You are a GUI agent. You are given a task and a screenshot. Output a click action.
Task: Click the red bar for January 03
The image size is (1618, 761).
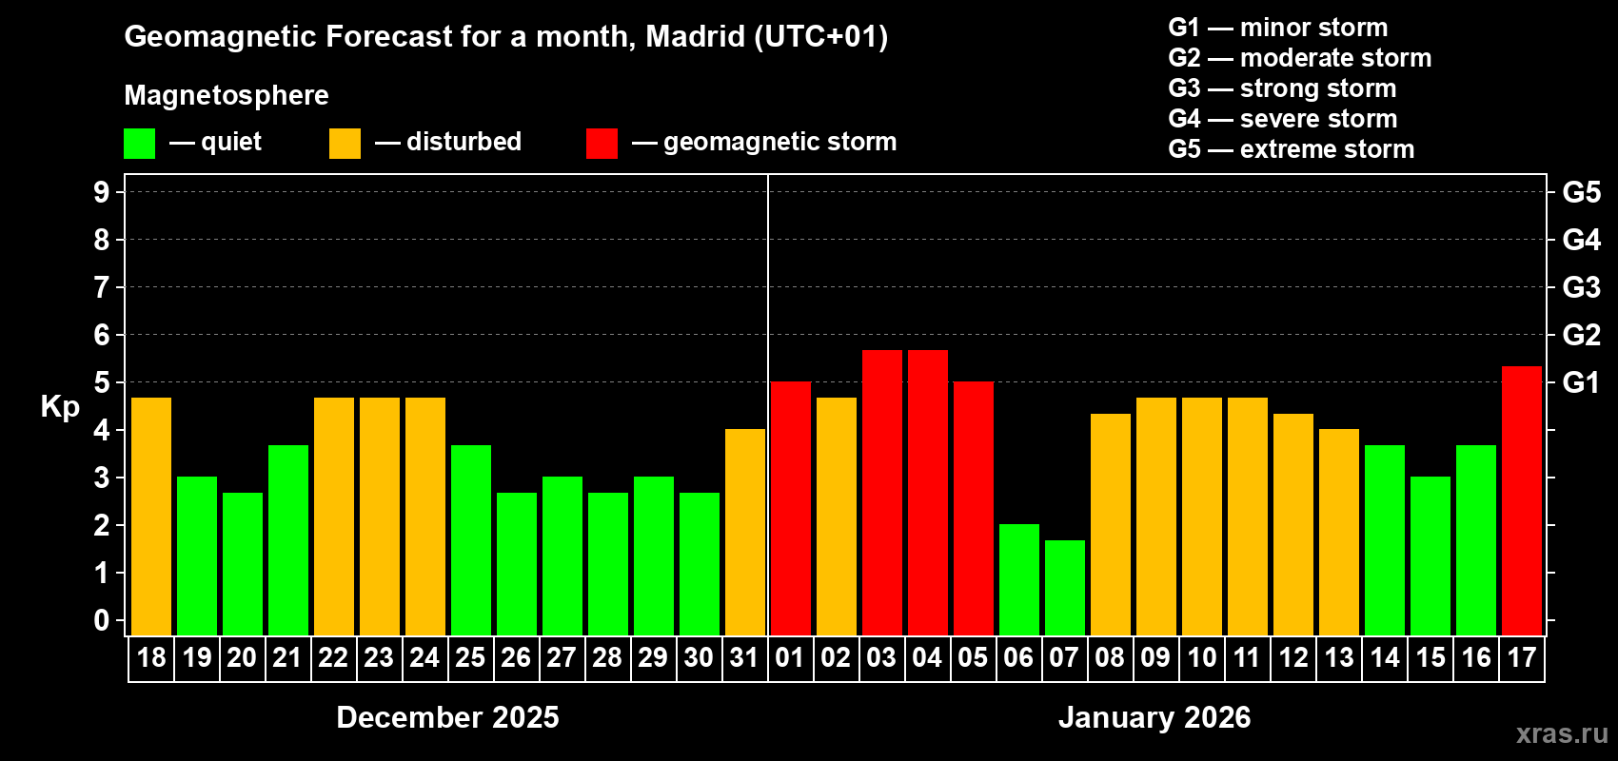[882, 493]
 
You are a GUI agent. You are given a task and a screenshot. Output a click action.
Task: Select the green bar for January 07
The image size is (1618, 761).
[1065, 588]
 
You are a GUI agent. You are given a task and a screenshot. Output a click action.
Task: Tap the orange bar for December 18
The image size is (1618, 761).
[151, 517]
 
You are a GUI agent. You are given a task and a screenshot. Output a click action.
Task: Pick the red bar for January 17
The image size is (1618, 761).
[1522, 500]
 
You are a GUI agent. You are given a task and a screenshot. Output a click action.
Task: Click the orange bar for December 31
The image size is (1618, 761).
[745, 532]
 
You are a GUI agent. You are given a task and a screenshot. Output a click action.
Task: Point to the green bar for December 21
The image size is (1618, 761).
[288, 540]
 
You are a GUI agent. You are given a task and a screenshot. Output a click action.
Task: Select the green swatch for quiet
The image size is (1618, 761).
[140, 144]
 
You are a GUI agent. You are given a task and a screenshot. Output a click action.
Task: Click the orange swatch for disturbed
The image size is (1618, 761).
[345, 144]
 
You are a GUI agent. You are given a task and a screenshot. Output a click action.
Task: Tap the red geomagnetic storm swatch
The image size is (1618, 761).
[602, 144]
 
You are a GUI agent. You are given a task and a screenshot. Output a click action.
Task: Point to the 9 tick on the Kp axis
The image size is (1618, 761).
[102, 192]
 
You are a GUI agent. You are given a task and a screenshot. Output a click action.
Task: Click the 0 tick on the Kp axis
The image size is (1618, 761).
[102, 620]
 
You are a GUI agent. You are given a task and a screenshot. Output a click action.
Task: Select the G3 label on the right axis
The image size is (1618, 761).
[1581, 287]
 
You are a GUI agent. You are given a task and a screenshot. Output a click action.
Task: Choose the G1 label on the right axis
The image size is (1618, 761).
[1581, 382]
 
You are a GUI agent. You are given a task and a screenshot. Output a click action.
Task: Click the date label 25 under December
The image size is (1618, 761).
[470, 658]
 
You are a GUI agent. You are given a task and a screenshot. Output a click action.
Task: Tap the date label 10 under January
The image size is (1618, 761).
[1202, 658]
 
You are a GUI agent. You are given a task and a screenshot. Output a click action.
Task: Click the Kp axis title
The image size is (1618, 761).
[60, 407]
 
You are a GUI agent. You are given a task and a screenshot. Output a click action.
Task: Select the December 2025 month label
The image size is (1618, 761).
[447, 717]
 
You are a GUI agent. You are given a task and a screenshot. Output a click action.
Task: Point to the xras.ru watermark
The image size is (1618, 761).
[1562, 733]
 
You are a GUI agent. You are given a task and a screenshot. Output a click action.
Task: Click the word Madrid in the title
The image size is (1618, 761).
[695, 36]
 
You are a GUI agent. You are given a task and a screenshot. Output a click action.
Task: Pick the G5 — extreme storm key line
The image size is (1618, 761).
[1291, 149]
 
